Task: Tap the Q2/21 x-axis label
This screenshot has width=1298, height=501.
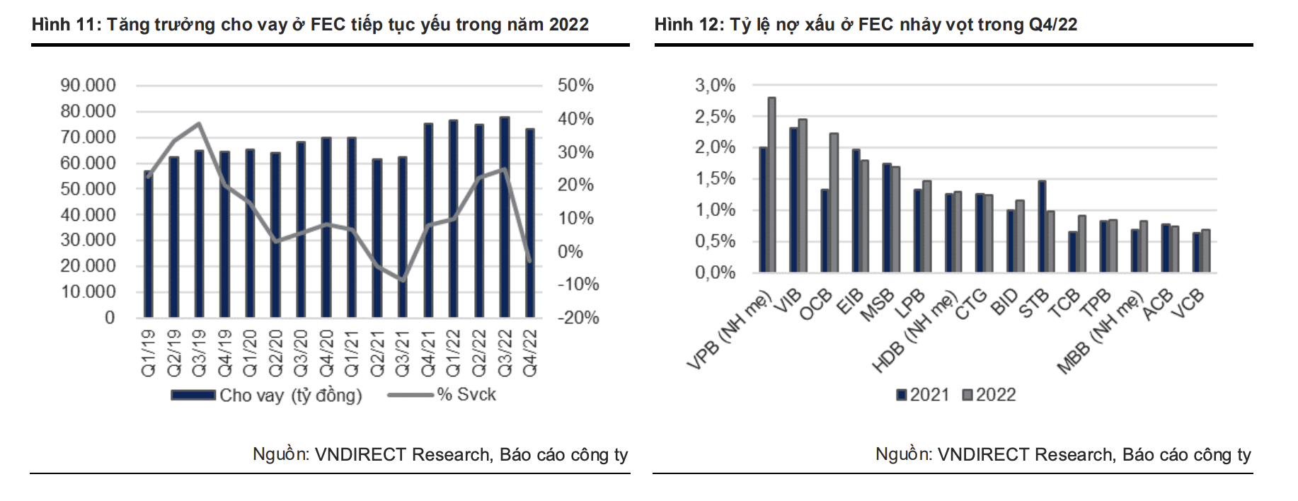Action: [377, 352]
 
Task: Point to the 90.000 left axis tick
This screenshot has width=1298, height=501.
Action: [88, 86]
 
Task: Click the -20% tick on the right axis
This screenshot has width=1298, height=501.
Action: [578, 318]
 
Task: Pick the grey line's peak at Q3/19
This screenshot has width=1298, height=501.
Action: [200, 124]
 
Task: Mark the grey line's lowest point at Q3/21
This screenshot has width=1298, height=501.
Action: [403, 281]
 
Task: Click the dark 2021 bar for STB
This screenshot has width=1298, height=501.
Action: [1042, 226]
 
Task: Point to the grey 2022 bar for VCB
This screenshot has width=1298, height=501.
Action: [1206, 250]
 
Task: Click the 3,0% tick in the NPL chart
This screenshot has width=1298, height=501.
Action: [715, 86]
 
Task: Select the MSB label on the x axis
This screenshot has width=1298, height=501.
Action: [878, 306]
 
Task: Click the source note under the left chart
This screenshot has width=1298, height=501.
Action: [440, 454]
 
